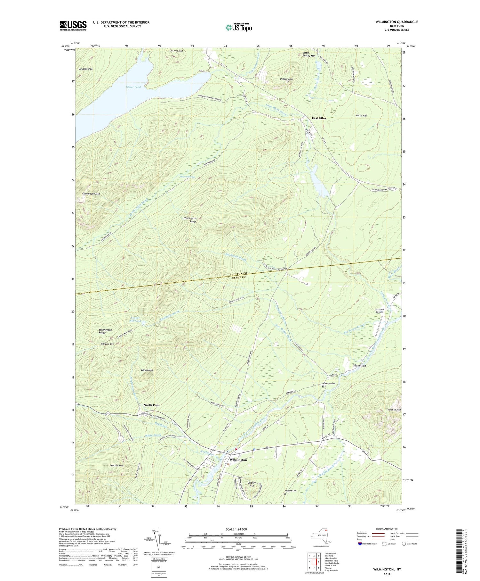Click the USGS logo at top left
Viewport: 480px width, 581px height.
coord(73,26)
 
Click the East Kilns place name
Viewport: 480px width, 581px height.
coord(319,118)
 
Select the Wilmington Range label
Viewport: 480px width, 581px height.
coord(190,220)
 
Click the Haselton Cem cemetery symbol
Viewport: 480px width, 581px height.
coord(323,387)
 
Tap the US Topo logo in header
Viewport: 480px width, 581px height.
coord(239,28)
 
